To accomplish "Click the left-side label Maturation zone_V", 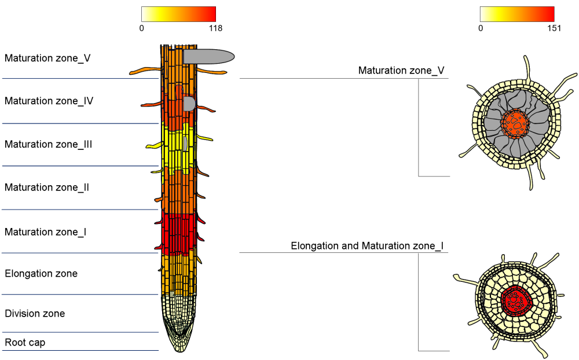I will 47,58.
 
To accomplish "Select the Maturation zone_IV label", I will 49,101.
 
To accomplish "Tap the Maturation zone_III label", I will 49,144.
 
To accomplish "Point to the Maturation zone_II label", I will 47,187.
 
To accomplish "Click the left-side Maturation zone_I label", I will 46,232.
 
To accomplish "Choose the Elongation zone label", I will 41,273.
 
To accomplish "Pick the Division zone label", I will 35,314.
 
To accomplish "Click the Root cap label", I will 25,342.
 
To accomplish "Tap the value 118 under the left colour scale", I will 215,28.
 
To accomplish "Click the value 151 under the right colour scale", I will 554,28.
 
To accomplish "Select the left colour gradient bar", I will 178,14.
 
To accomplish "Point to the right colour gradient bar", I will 517,14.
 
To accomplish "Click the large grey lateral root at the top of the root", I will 208,56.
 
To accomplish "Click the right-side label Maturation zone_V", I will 401,71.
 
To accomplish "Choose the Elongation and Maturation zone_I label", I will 367,246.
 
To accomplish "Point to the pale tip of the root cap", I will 179,345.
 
